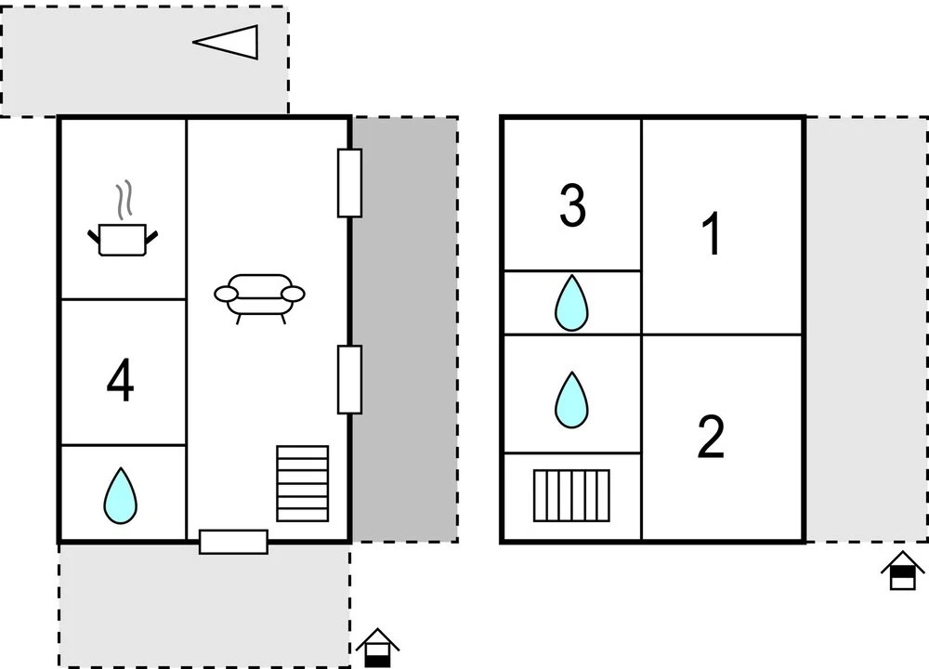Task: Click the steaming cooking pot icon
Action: point(123,237)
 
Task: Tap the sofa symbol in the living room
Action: point(259,295)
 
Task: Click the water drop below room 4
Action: point(120,495)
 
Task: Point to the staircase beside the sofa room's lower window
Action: point(303,483)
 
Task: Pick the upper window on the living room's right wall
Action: point(349,182)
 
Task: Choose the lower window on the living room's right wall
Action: point(349,378)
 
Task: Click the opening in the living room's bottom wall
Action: point(234,541)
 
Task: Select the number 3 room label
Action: point(572,207)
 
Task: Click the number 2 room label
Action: point(711,437)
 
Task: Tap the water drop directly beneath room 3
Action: point(572,302)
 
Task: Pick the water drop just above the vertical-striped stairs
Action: point(572,400)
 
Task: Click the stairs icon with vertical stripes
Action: point(572,495)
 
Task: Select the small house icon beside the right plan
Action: point(902,570)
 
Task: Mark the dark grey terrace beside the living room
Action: point(405,330)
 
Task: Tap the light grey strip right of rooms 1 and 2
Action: point(866,330)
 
